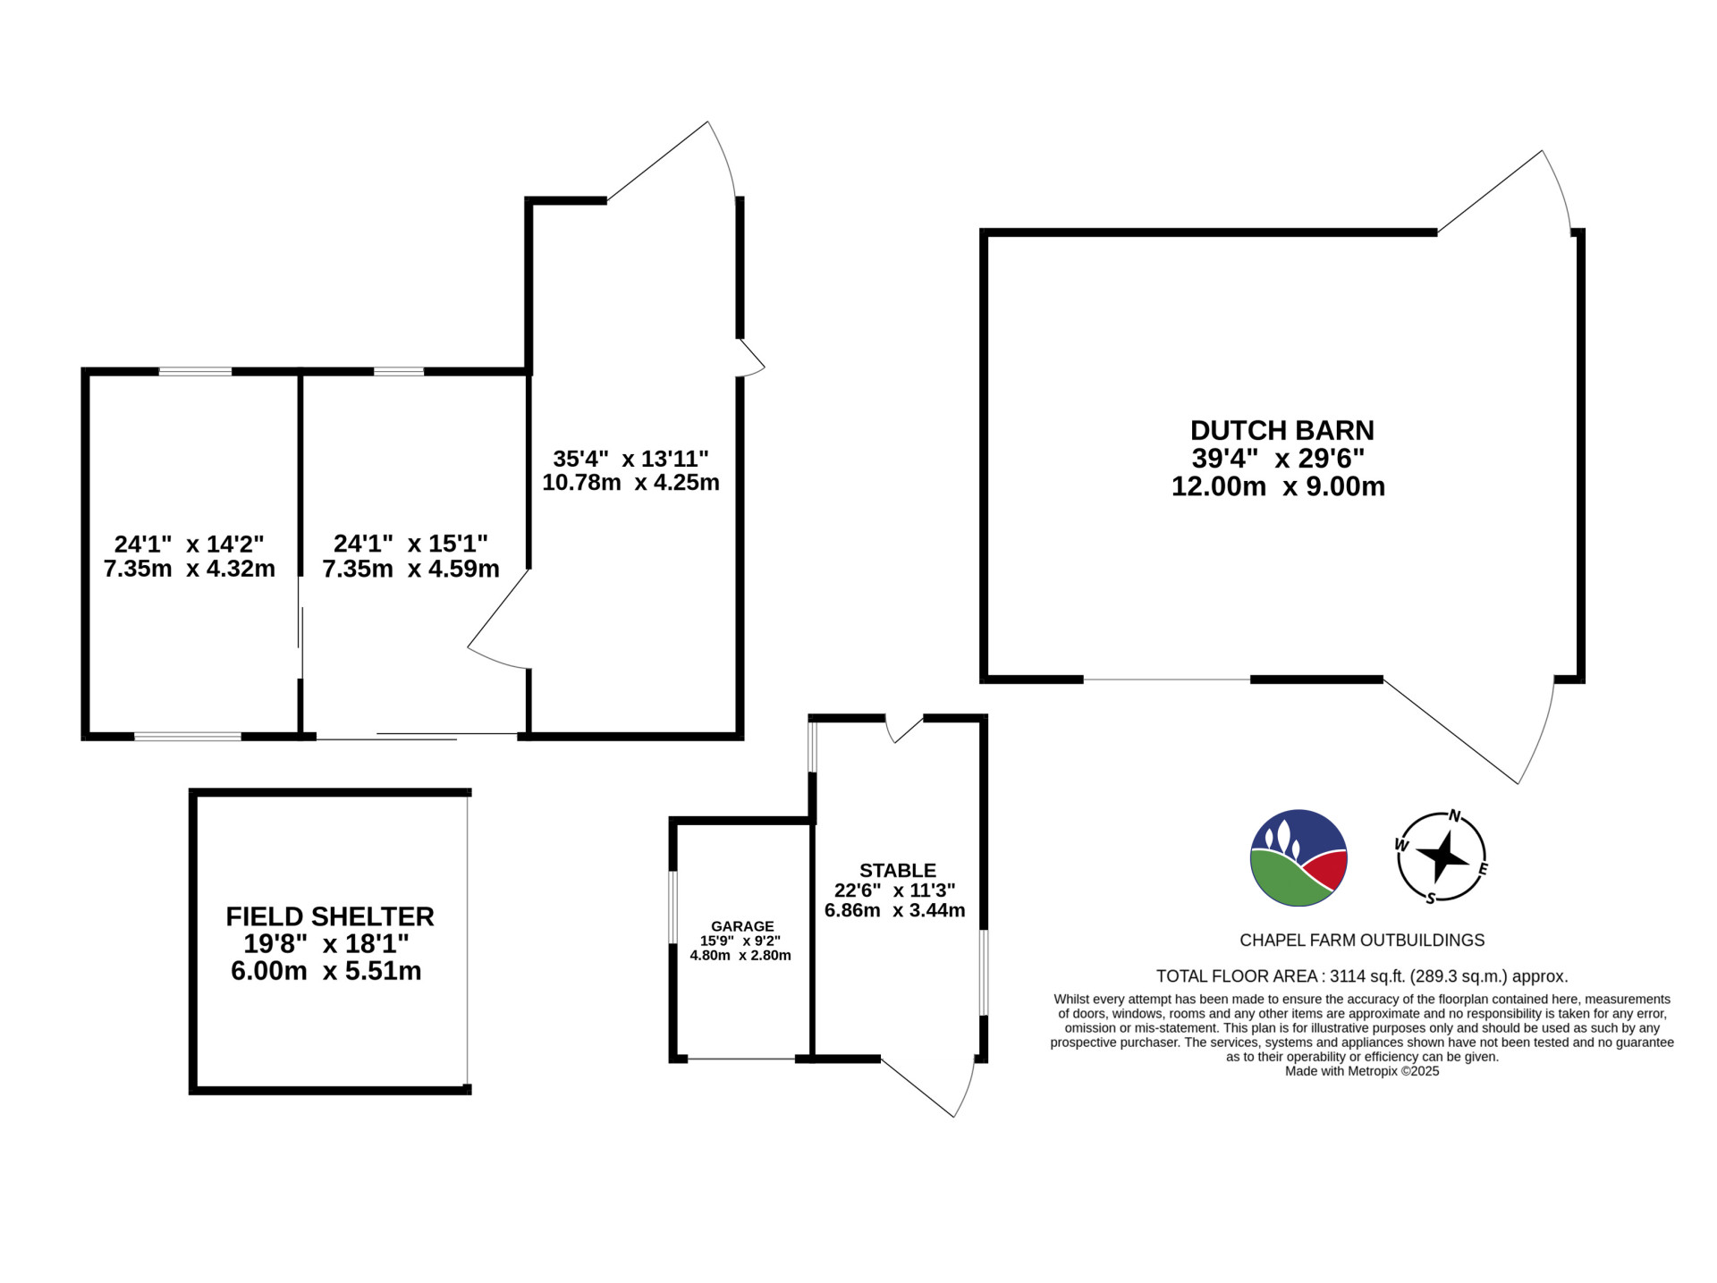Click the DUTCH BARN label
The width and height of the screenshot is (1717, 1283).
coord(1281,431)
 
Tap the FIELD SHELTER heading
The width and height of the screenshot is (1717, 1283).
coord(330,916)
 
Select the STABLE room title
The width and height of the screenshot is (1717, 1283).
coord(898,870)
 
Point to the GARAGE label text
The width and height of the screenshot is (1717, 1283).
coord(742,926)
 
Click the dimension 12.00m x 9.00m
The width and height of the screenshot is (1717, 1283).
coord(1278,486)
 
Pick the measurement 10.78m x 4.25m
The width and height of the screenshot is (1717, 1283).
coord(630,483)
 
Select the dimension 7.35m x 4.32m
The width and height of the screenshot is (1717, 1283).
coord(190,569)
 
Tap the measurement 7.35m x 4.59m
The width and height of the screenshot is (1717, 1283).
coord(410,569)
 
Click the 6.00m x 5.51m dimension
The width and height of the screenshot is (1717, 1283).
coord(326,971)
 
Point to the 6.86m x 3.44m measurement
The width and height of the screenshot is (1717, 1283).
coord(894,911)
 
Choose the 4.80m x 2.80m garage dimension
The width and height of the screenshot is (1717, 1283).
coord(740,955)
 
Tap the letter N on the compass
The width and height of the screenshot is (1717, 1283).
coord(1454,816)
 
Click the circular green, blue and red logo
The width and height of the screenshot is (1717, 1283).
coord(1298,858)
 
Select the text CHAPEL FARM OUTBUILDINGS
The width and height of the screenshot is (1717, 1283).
coord(1362,941)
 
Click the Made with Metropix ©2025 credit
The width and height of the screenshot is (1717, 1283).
coord(1362,1070)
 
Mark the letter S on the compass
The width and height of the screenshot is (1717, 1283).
coord(1430,899)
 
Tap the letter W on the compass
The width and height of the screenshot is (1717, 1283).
coord(1402,845)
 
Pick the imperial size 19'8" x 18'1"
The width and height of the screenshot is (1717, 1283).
coord(326,944)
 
